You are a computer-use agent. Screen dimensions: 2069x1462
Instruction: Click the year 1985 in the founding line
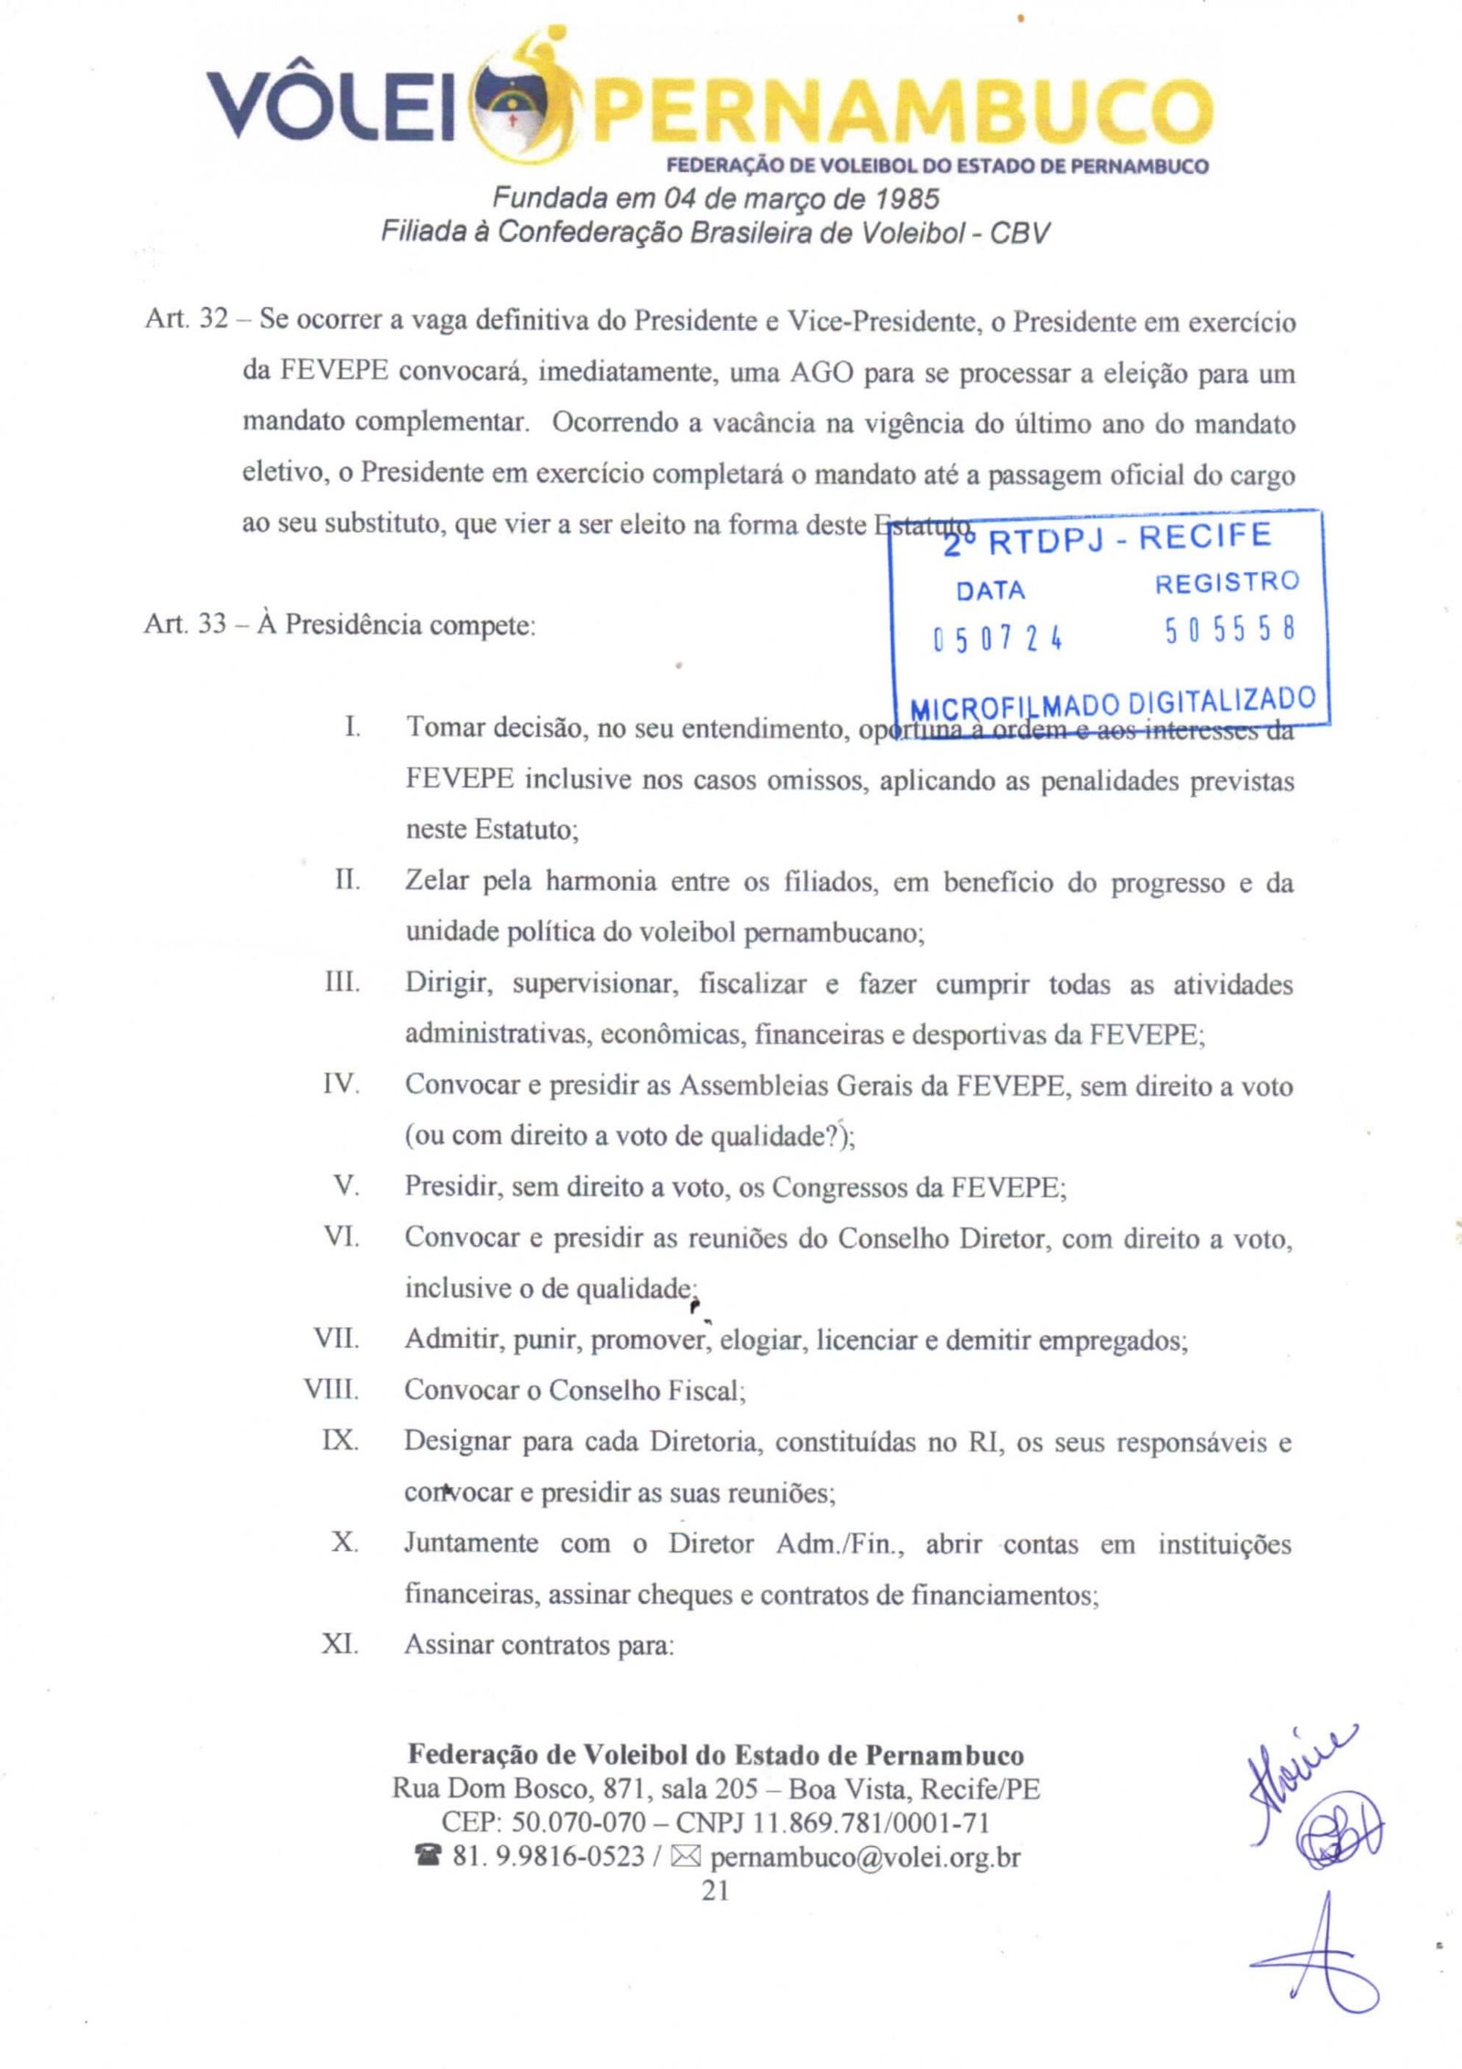(906, 198)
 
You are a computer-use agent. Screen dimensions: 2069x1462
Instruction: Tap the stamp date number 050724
(997, 637)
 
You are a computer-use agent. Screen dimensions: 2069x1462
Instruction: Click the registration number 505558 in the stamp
(1230, 631)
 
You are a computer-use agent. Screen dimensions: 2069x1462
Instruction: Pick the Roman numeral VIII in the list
(332, 1390)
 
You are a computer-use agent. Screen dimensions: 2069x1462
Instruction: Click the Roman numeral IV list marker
(341, 1086)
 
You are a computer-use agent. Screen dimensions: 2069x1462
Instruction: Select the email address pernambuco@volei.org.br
(864, 1856)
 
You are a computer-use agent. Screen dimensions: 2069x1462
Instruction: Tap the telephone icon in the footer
(427, 1856)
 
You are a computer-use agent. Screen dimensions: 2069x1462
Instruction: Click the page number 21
(715, 1890)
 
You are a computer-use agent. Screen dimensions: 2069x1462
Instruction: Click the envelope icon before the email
(685, 1856)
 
